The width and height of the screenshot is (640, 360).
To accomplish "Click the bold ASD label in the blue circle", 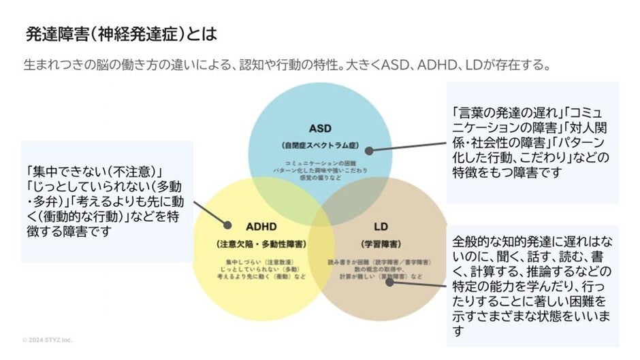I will click(319, 129).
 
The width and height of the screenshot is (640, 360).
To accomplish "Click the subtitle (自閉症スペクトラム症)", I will click(319, 145).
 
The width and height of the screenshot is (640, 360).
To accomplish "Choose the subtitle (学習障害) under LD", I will click(380, 243).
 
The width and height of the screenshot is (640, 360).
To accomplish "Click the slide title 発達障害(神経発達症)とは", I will click(121, 33).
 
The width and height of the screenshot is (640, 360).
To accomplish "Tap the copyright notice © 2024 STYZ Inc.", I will click(47, 340).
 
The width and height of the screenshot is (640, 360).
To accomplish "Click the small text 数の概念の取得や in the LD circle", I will click(379, 269).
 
